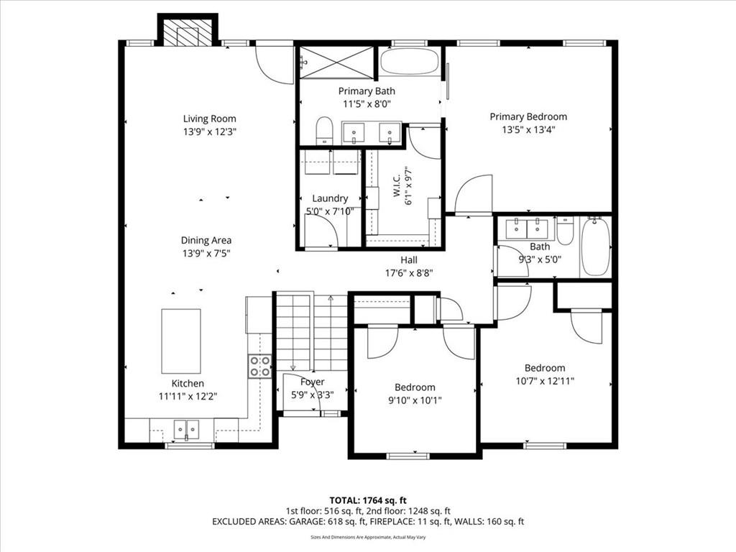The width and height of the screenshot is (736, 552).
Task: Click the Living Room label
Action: tap(209, 119)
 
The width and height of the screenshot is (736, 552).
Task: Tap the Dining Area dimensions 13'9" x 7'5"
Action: tap(206, 254)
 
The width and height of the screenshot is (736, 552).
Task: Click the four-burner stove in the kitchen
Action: tap(260, 366)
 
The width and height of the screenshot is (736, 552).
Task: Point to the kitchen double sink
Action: tap(187, 430)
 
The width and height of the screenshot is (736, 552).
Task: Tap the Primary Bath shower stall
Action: tap(336, 63)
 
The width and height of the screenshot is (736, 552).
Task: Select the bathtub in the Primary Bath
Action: tap(409, 62)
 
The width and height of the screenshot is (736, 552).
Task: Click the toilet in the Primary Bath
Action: tap(324, 131)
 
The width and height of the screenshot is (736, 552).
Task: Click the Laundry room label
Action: tap(330, 198)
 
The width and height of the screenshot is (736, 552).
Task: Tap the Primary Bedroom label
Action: tap(528, 116)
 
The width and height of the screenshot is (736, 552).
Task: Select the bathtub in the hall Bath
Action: tap(595, 247)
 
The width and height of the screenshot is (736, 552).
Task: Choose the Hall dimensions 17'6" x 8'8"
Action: tap(409, 273)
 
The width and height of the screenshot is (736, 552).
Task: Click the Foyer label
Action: tap(312, 382)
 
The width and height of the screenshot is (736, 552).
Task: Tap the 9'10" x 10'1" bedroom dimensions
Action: tap(415, 400)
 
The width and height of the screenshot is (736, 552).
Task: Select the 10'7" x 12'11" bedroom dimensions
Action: tap(545, 381)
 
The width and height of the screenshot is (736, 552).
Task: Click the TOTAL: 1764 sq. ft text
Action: tap(368, 500)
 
